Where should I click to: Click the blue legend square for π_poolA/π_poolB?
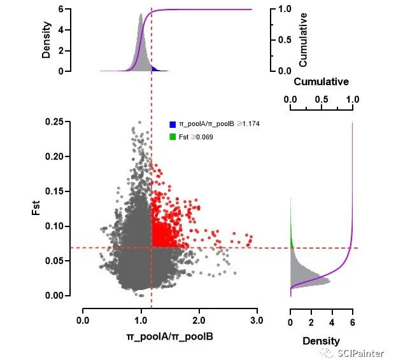coord(173,125)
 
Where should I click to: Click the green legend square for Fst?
coord(173,137)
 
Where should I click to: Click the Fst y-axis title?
coord(37,206)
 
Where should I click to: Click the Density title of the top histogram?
coord(46,40)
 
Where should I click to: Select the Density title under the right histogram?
coord(321,341)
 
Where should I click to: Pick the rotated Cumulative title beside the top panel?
coord(304,39)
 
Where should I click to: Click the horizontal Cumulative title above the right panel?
coord(322,82)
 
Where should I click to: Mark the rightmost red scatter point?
coord(251,238)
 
